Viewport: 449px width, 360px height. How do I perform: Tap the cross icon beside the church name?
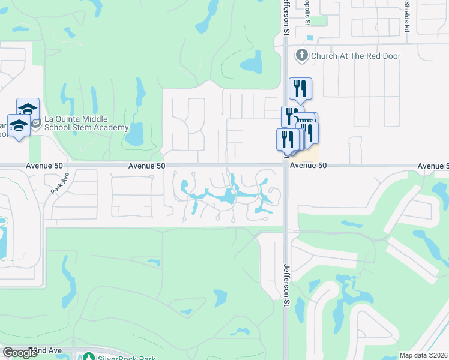tap(301, 56)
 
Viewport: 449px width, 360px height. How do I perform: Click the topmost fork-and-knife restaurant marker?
tap(300, 88)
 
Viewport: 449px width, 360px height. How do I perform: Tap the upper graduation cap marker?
tap(28, 108)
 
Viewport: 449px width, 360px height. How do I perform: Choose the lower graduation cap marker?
tap(19, 125)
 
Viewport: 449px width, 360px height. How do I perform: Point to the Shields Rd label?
tap(407, 16)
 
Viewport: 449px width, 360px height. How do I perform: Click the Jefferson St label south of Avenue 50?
tap(286, 286)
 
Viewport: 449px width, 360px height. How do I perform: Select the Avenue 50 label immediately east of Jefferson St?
tap(308, 165)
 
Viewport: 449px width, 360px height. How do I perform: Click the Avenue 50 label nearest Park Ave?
tap(44, 165)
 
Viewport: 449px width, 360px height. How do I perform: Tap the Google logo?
tap(20, 353)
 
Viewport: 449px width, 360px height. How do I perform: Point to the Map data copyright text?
tap(423, 355)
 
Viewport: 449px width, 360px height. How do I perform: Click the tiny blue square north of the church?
tap(309, 38)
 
